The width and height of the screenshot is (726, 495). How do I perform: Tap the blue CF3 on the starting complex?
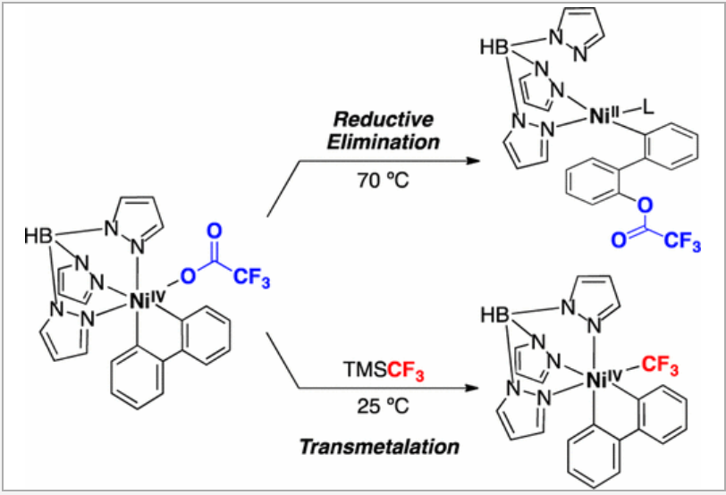[253, 269]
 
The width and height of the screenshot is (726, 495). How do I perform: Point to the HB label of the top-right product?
[495, 46]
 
